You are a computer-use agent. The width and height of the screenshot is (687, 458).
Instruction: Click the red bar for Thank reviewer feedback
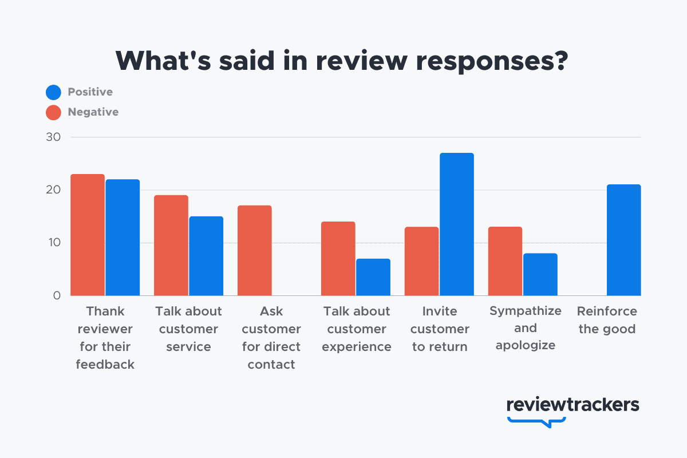pos(88,235)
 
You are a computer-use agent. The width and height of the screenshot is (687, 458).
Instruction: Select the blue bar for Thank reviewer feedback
pos(123,238)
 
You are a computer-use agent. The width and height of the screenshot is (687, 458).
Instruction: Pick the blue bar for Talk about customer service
pos(206,256)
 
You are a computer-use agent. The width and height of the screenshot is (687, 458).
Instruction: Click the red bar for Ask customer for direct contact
pos(255,250)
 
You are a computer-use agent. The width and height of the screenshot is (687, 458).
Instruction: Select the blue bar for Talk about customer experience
pos(373,277)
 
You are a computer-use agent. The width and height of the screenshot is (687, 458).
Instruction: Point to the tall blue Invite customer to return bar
pos(457,224)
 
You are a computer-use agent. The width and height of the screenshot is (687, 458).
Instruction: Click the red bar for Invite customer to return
pos(422,261)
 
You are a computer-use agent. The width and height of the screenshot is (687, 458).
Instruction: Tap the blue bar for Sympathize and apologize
pos(540,274)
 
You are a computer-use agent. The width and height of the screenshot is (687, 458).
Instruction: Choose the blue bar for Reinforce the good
pos(624,240)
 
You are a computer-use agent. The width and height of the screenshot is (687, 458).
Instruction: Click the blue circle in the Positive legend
pos(53,92)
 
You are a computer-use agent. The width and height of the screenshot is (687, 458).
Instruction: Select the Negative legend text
pos(93,112)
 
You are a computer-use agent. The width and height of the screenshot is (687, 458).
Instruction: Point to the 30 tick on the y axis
pos(53,137)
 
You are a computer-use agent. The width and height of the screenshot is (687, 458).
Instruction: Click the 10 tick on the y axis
pos(53,243)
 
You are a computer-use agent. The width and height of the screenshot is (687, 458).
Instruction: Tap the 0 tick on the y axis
pos(57,295)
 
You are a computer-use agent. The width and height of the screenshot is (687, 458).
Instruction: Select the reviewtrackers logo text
pos(572,404)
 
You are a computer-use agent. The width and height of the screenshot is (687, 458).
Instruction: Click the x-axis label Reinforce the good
pos(607,320)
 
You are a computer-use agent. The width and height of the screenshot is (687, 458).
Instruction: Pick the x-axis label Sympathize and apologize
pos(526,328)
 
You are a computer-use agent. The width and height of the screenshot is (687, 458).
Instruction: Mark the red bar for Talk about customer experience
pos(338,259)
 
